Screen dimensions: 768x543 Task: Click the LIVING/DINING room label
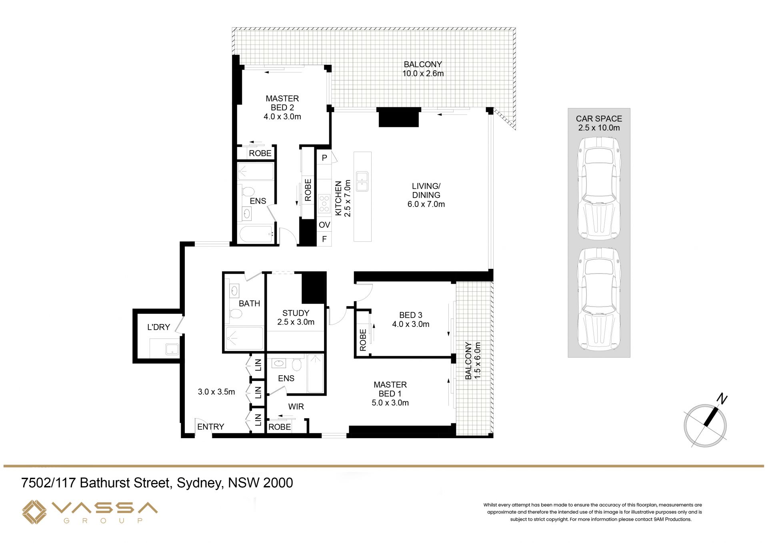426,191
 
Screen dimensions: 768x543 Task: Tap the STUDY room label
296,313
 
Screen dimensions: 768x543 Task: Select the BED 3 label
410,315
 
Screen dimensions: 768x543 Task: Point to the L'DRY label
158,327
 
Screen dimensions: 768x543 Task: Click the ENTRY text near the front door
210,427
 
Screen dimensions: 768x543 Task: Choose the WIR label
296,407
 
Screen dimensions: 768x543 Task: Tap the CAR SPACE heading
599,118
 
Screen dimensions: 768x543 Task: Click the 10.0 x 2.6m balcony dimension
423,73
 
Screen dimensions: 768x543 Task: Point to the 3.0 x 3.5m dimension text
216,392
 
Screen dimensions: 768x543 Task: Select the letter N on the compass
722,399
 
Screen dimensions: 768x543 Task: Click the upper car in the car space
599,188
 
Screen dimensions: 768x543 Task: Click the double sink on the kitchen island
362,181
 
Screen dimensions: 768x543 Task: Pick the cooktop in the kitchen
324,203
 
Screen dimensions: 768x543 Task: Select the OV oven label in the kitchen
324,225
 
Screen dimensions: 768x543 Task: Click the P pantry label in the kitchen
324,158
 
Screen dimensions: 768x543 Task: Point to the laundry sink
172,349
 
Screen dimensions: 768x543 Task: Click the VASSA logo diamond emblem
34,512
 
